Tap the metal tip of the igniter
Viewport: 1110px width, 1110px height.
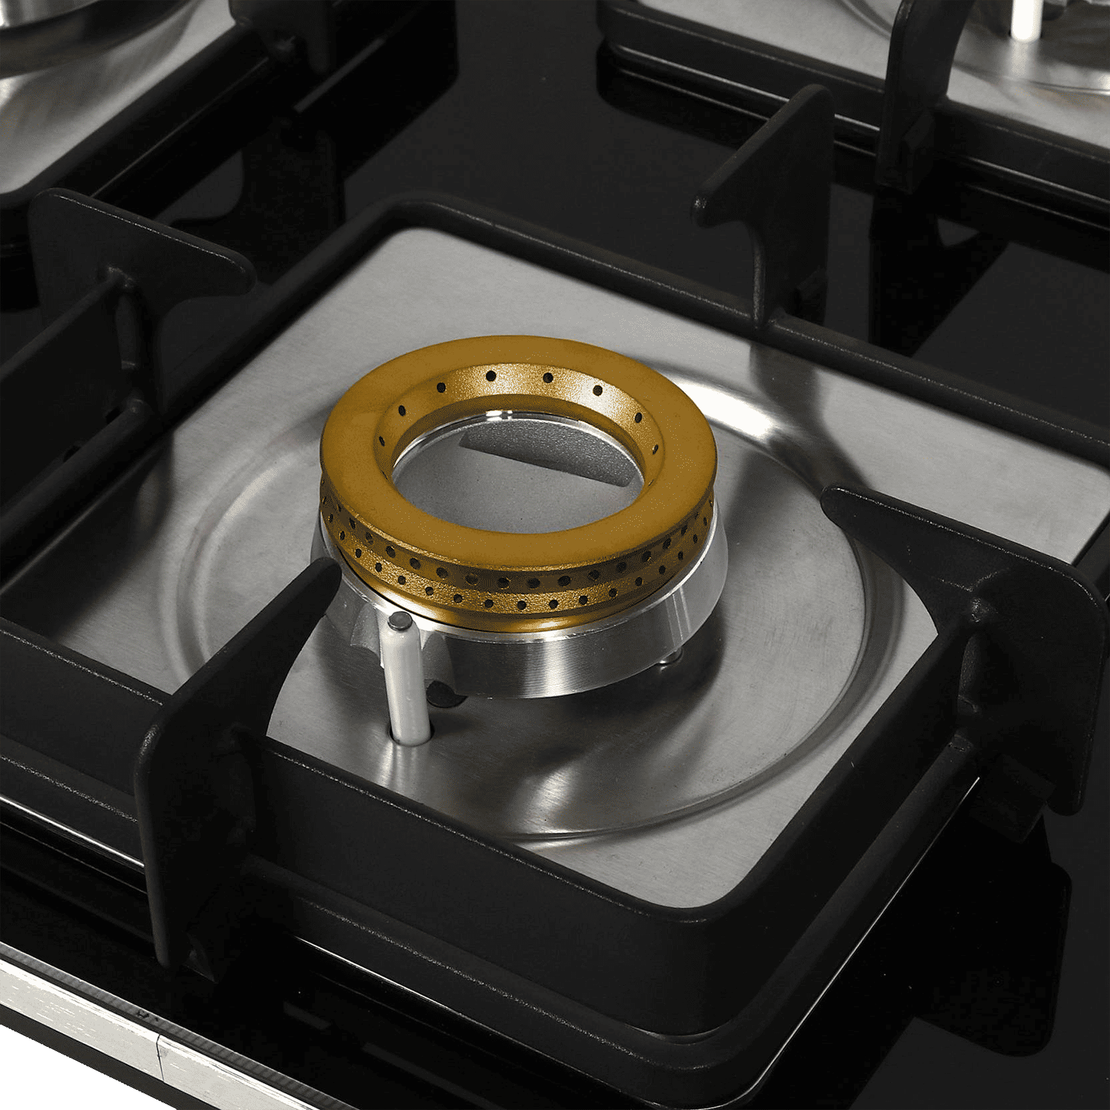(x=399, y=622)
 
